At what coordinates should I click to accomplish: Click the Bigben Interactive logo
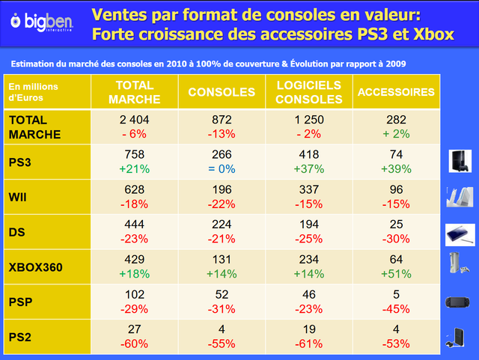click(x=42, y=22)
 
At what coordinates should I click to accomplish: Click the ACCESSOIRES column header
click(x=396, y=92)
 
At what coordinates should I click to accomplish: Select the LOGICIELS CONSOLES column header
click(x=309, y=92)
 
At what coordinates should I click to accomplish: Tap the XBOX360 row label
click(x=35, y=267)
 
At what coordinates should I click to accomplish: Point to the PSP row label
click(x=20, y=302)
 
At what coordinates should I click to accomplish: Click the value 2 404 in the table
click(x=135, y=120)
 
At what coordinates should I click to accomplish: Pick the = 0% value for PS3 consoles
click(x=222, y=168)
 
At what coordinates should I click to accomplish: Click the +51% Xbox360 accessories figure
click(x=396, y=273)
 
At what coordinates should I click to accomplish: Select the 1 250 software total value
click(x=309, y=120)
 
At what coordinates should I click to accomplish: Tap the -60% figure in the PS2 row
click(x=135, y=344)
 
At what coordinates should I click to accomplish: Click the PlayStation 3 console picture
click(x=460, y=161)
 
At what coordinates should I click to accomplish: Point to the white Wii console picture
click(x=460, y=197)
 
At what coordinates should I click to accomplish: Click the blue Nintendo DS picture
click(x=460, y=235)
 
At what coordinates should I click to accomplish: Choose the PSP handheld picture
click(x=457, y=302)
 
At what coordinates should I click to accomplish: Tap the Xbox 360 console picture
click(x=459, y=263)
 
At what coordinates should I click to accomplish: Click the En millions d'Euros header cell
click(x=33, y=92)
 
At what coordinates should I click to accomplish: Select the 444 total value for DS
click(x=135, y=225)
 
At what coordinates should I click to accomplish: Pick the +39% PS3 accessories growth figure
click(x=396, y=168)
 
